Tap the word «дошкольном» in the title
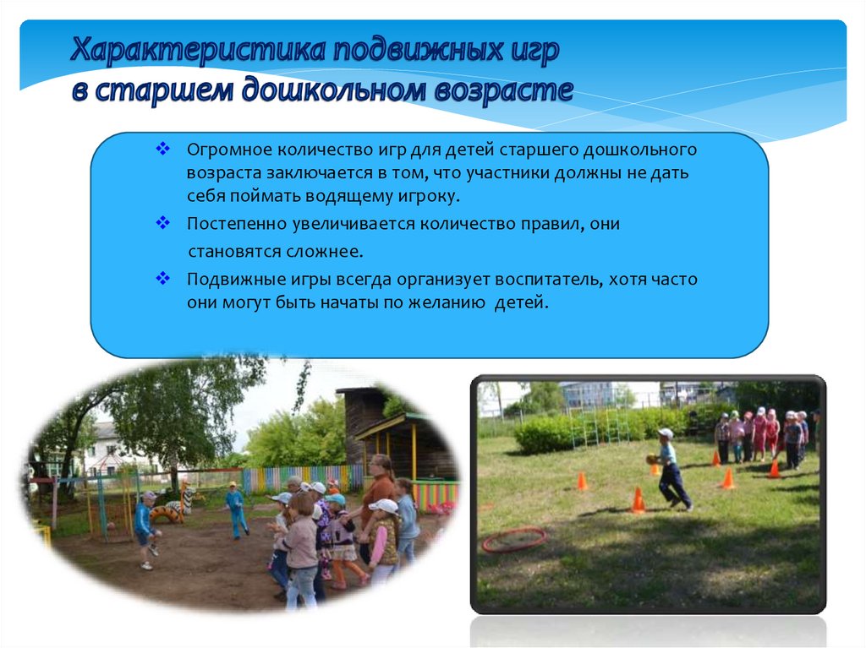click(333, 90)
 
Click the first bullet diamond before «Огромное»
click(162, 149)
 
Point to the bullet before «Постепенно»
click(162, 222)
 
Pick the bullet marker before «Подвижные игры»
click(162, 278)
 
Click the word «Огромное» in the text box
click(229, 150)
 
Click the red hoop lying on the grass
click(513, 539)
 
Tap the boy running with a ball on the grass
click(670, 469)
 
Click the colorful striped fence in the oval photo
click(303, 479)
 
